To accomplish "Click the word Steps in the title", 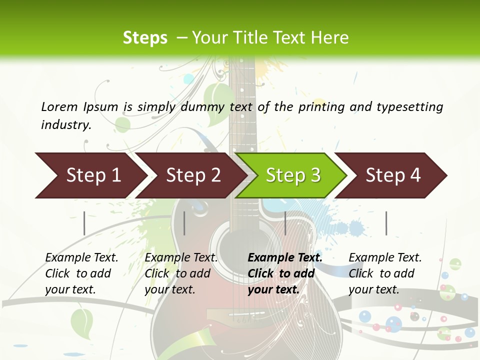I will tap(145, 38).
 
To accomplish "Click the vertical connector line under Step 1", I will tap(84, 223).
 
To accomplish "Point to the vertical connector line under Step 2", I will tap(184, 223).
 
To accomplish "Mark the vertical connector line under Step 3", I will tap(285, 223).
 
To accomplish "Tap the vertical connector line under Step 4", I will tap(386, 223).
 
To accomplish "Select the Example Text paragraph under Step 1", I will tap(81, 273).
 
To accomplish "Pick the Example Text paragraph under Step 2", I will tap(181, 273).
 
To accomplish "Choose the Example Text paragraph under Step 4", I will tap(385, 273).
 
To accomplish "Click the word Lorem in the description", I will tap(59, 106).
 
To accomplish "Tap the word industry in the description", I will tap(66, 124).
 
